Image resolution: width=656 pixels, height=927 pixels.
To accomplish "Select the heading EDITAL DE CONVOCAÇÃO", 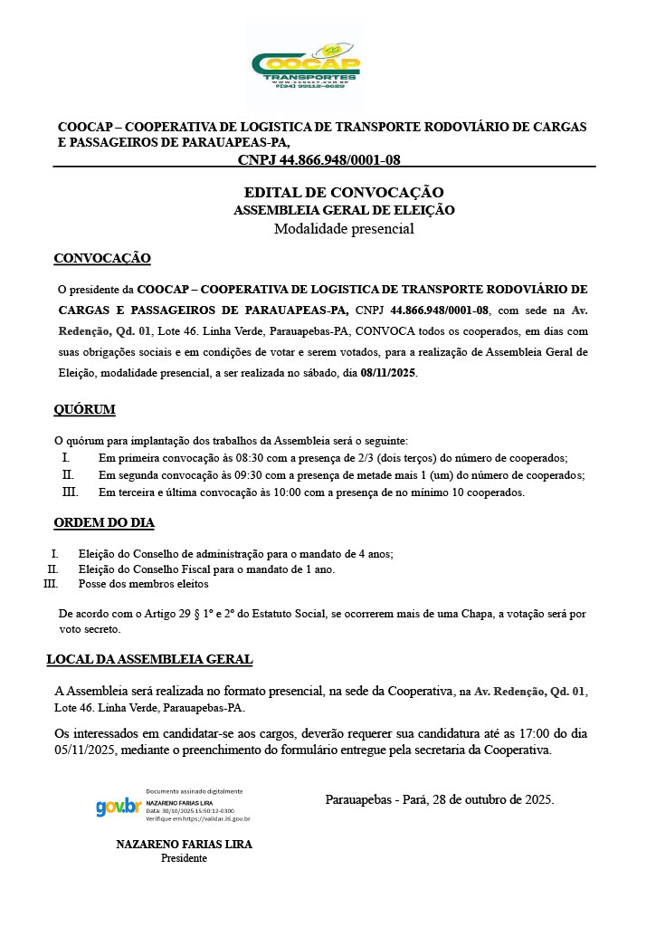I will (344, 193).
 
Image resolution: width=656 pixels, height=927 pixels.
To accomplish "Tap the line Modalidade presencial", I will (344, 228).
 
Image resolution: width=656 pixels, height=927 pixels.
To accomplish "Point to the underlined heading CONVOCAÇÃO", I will (102, 259).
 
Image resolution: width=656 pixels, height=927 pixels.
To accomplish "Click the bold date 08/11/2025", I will (388, 372).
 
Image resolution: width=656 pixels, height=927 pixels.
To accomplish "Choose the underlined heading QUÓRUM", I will (84, 409).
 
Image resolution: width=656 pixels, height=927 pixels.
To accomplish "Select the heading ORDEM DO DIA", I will (104, 522).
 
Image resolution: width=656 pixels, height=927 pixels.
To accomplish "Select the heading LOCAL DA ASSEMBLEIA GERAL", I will (149, 659).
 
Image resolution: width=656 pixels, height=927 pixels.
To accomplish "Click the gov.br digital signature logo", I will (119, 806).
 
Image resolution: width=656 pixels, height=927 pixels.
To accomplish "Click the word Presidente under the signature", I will (184, 858).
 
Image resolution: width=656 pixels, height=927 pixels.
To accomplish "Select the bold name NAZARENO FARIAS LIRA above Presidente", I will (184, 844).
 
